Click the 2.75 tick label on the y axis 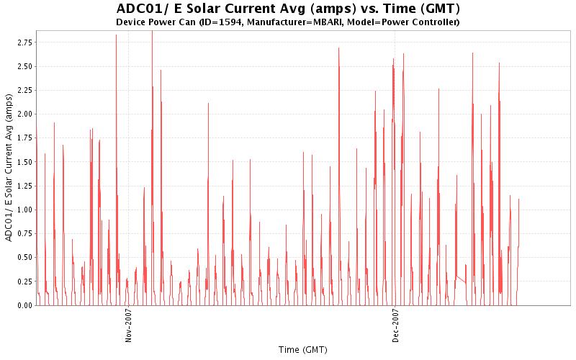[x=24, y=42]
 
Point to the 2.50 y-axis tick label [x=24, y=66]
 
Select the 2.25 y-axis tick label [x=24, y=90]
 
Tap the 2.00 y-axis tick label [x=24, y=114]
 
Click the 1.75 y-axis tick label [x=24, y=138]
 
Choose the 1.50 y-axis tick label [x=24, y=162]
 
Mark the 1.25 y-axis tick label [x=24, y=186]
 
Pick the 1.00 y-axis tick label [x=24, y=210]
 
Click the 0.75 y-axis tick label [x=24, y=233]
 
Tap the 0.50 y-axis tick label [x=24, y=257]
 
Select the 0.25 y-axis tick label [x=24, y=282]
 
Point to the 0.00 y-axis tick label [x=24, y=305]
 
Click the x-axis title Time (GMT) [x=302, y=349]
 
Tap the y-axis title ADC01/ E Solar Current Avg [x=9, y=167]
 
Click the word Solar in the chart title [x=206, y=9]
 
